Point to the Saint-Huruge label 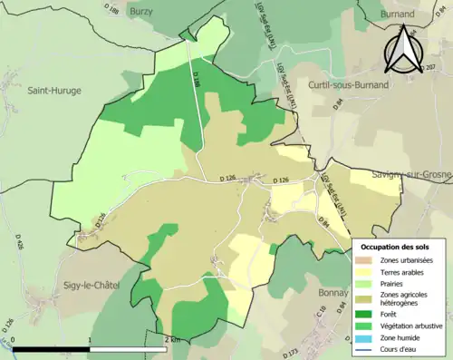pos(53,90)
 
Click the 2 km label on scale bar pos(173,339)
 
